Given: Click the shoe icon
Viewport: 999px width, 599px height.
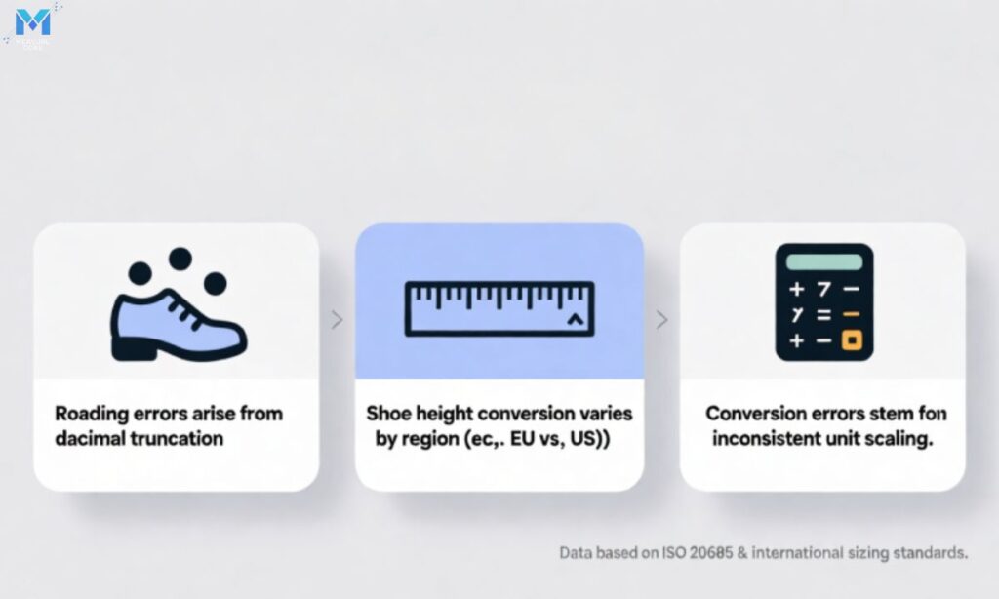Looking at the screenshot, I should click(179, 318).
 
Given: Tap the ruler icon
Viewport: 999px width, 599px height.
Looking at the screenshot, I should click(499, 306).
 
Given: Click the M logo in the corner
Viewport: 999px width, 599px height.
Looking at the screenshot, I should click(32, 21).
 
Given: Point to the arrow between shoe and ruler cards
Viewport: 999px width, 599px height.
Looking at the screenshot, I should click(338, 319).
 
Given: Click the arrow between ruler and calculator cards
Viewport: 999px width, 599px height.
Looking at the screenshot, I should click(661, 319).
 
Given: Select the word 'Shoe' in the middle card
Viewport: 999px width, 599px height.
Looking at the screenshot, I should click(387, 414).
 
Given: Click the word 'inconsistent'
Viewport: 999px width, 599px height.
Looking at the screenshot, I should click(769, 438).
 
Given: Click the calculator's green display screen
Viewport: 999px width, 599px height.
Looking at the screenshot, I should click(823, 261).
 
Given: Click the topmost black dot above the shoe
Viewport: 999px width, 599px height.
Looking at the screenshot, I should click(180, 259).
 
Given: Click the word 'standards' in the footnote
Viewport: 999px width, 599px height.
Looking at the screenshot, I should click(932, 553).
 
